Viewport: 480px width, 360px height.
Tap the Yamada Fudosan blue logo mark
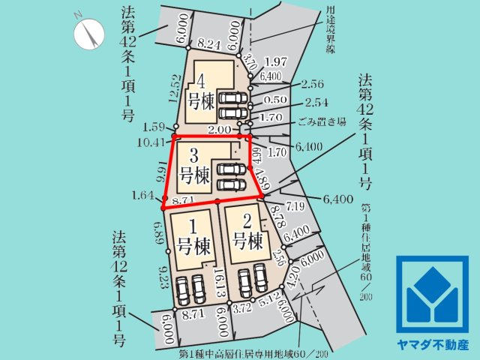coord(432,295)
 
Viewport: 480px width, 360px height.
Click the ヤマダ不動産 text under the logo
coord(432,346)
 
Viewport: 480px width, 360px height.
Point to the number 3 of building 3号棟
coord(193,156)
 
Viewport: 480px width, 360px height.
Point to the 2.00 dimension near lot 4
coord(220,129)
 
